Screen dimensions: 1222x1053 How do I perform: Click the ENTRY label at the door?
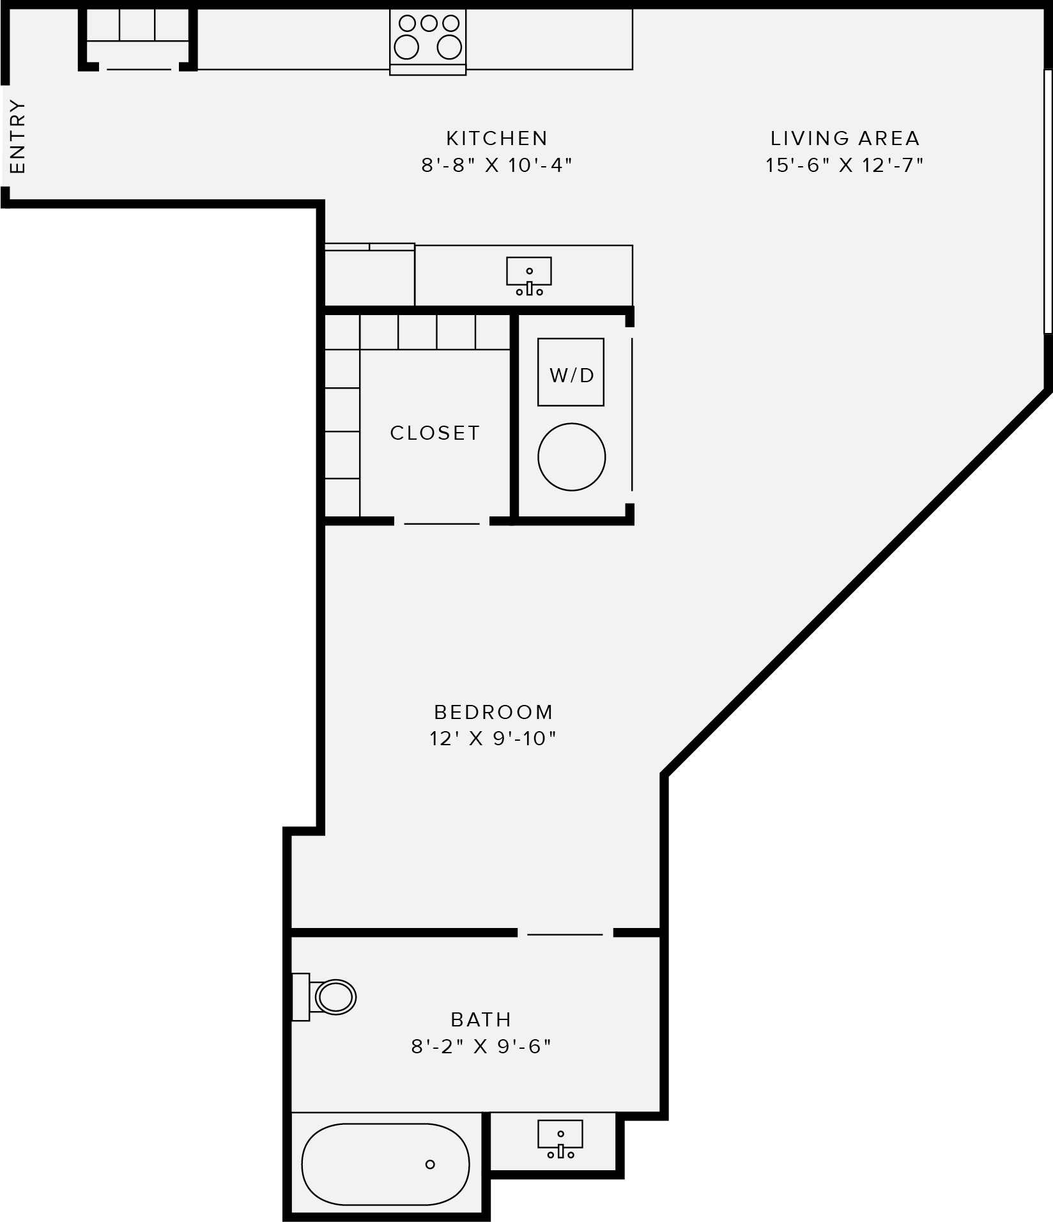pyautogui.click(x=18, y=136)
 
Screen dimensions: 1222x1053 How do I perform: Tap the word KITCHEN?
pyautogui.click(x=496, y=138)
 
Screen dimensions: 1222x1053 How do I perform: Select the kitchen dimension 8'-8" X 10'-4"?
pyautogui.click(x=496, y=166)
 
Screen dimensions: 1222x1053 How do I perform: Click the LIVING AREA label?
pyautogui.click(x=845, y=138)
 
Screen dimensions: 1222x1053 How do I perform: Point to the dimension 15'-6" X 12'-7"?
pyautogui.click(x=845, y=166)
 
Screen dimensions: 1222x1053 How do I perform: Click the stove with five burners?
pyautogui.click(x=428, y=38)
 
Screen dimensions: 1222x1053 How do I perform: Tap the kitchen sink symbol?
pyautogui.click(x=529, y=275)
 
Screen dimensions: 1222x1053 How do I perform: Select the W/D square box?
pyautogui.click(x=571, y=372)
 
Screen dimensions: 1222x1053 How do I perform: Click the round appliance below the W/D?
pyautogui.click(x=571, y=456)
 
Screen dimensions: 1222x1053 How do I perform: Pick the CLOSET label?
pyautogui.click(x=434, y=433)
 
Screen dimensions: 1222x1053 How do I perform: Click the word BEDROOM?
pyautogui.click(x=493, y=711)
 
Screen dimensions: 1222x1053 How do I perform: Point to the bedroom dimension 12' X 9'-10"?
pyautogui.click(x=493, y=739)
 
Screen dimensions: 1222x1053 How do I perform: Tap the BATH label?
pyautogui.click(x=481, y=1019)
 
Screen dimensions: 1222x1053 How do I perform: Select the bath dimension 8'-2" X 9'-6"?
pyautogui.click(x=481, y=1046)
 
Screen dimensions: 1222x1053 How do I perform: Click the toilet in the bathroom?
pyautogui.click(x=328, y=996)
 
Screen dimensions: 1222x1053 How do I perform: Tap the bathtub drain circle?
pyautogui.click(x=430, y=1164)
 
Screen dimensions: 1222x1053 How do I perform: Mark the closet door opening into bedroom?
pyautogui.click(x=442, y=523)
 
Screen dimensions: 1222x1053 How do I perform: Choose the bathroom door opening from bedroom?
pyautogui.click(x=565, y=934)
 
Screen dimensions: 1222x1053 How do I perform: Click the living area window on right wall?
pyautogui.click(x=1048, y=201)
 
